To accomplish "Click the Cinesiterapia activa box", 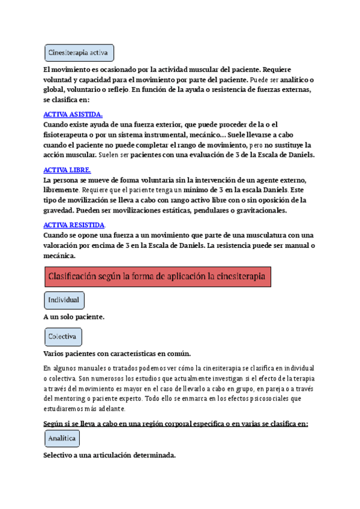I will pyautogui.click(x=79, y=53).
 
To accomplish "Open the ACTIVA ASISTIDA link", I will pyautogui.click(x=73, y=115).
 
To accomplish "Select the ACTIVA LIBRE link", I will pyautogui.click(x=67, y=170).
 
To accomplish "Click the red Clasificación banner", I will pyautogui.click(x=157, y=277).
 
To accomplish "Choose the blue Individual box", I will pyautogui.click(x=64, y=300).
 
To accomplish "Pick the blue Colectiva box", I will pyautogui.click(x=63, y=337).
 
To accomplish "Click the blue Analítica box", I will pyautogui.click(x=62, y=438).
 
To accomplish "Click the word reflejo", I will pyautogui.click(x=114, y=89).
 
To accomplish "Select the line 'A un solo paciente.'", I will pyautogui.click(x=74, y=317).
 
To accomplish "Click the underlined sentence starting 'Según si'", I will pyautogui.click(x=176, y=424).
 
